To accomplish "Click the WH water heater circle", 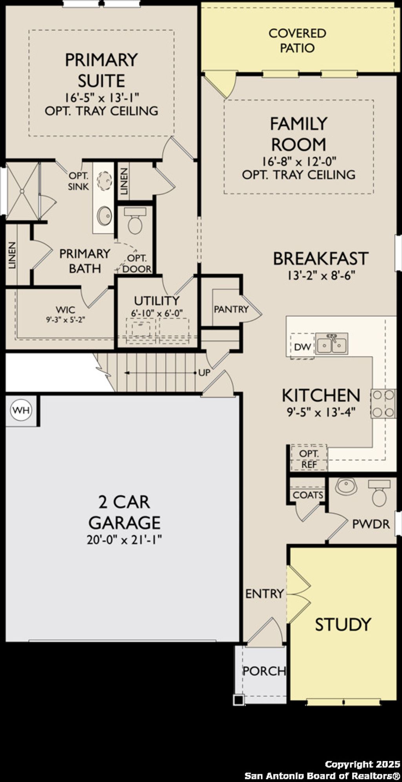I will [x=21, y=410].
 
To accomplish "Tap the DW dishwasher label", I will [x=302, y=347].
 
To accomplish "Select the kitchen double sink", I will [x=332, y=344].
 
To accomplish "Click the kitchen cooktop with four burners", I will [x=383, y=404].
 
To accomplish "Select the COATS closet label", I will [x=308, y=495].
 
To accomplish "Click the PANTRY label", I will [x=231, y=309].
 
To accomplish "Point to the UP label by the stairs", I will [x=204, y=373].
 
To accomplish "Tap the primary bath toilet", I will [x=135, y=222].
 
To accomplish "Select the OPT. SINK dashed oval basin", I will [x=105, y=181].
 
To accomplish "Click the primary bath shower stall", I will [x=22, y=191].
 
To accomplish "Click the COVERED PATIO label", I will [x=297, y=41].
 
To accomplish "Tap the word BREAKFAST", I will [x=320, y=259].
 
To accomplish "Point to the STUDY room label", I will [x=343, y=624].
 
